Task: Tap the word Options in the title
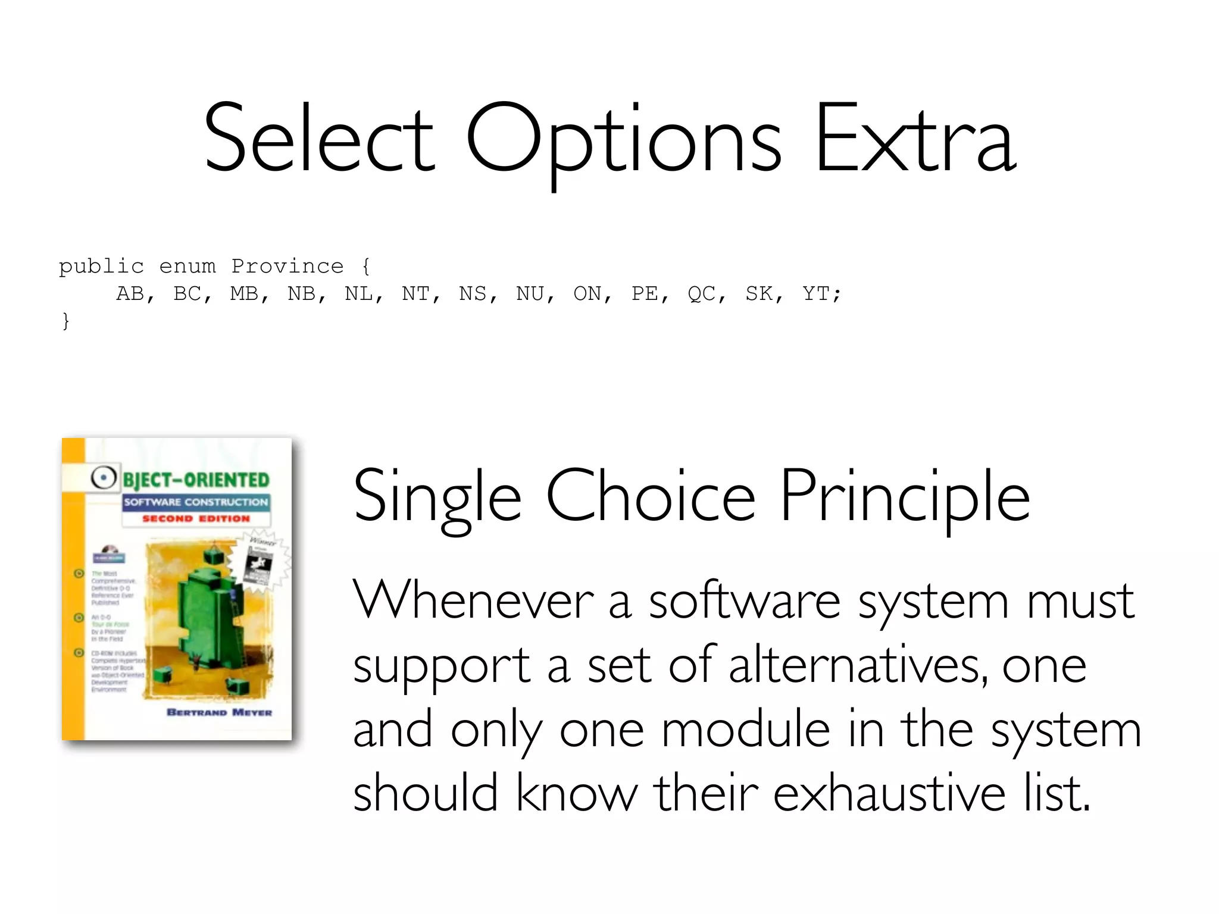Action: tap(623, 143)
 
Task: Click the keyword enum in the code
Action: tap(187, 266)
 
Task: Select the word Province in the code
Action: tap(287, 266)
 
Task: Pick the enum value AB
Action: tap(130, 293)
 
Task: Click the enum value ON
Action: tap(587, 293)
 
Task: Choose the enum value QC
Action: tap(701, 293)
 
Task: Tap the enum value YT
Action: tap(816, 293)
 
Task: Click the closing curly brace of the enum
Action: tap(65, 321)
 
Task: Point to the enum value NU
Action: tap(530, 293)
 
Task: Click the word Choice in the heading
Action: tap(651, 496)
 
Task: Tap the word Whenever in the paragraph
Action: tap(473, 601)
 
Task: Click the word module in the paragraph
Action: tap(745, 730)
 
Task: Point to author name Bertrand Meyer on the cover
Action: tap(219, 712)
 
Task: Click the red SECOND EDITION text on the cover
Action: tap(196, 519)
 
